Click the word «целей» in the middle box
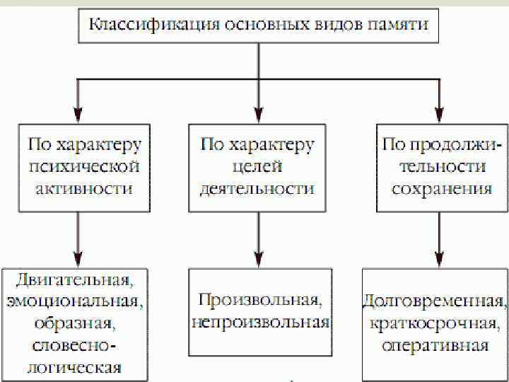coord(257,167)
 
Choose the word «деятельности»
coord(257,190)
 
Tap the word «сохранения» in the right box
coord(441,190)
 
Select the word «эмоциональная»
coord(76,301)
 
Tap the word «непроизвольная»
coord(260,323)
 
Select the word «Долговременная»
coord(434,300)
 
